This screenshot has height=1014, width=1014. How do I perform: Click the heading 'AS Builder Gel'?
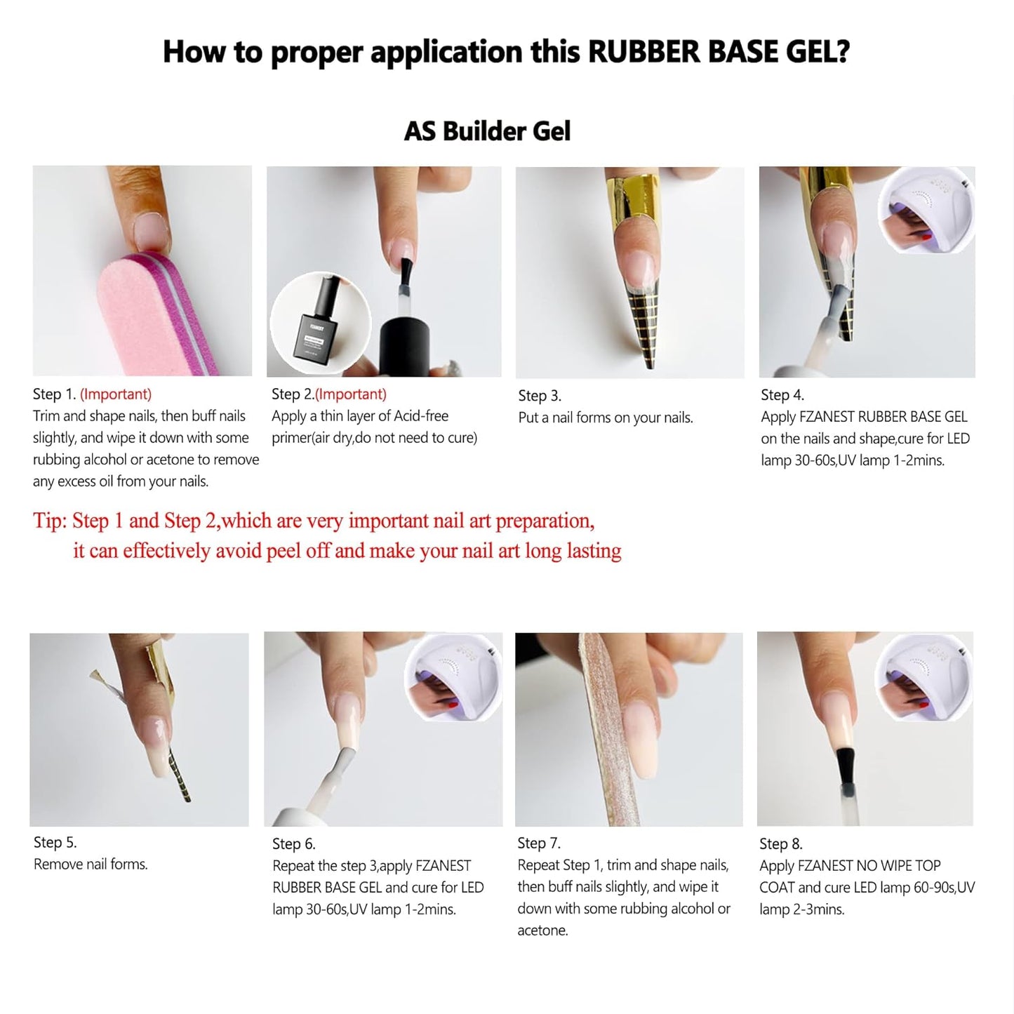[487, 131]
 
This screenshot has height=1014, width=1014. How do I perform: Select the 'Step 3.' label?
[539, 396]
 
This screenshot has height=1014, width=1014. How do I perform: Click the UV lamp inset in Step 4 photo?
[926, 210]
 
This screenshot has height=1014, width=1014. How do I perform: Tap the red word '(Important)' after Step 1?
[116, 394]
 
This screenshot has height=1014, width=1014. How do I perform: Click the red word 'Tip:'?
[50, 521]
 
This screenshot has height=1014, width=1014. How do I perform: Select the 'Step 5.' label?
[55, 842]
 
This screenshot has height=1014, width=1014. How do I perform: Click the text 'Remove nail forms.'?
[91, 864]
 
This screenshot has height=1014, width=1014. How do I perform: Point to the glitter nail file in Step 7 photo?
[603, 730]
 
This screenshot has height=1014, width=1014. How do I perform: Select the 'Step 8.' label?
[780, 843]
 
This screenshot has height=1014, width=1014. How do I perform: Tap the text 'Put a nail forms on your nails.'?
[605, 418]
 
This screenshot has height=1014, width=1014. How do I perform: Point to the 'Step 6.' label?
[293, 843]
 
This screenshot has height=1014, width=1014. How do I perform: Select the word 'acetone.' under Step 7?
[542, 930]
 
